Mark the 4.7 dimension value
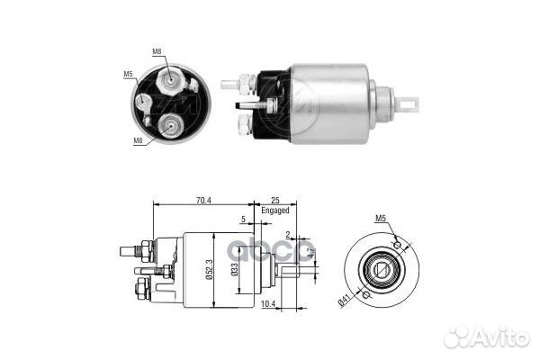[x=311, y=252]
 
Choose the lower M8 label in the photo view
[x=138, y=140]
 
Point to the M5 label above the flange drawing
[x=381, y=219]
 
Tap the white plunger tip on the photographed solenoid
[x=410, y=104]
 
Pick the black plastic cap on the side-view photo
[x=271, y=105]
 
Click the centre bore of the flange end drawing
[x=382, y=267]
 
